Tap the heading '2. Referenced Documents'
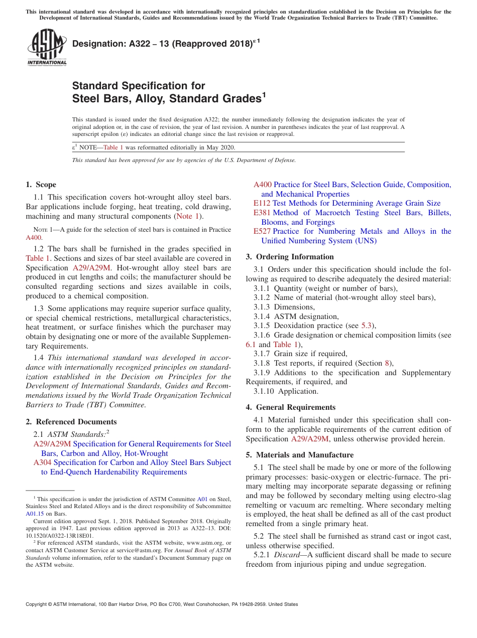[x=71, y=422]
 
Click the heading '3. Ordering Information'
[x=290, y=257]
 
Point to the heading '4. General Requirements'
[x=291, y=407]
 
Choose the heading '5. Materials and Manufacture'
[x=300, y=455]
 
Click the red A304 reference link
[x=42, y=462]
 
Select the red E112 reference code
[x=262, y=203]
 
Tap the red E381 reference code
[x=262, y=213]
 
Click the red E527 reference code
[x=262, y=231]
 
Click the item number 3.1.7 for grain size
[x=262, y=354]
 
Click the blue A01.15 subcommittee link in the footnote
[x=35, y=514]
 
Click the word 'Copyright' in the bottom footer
[x=38, y=604]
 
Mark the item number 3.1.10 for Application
[x=264, y=391]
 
